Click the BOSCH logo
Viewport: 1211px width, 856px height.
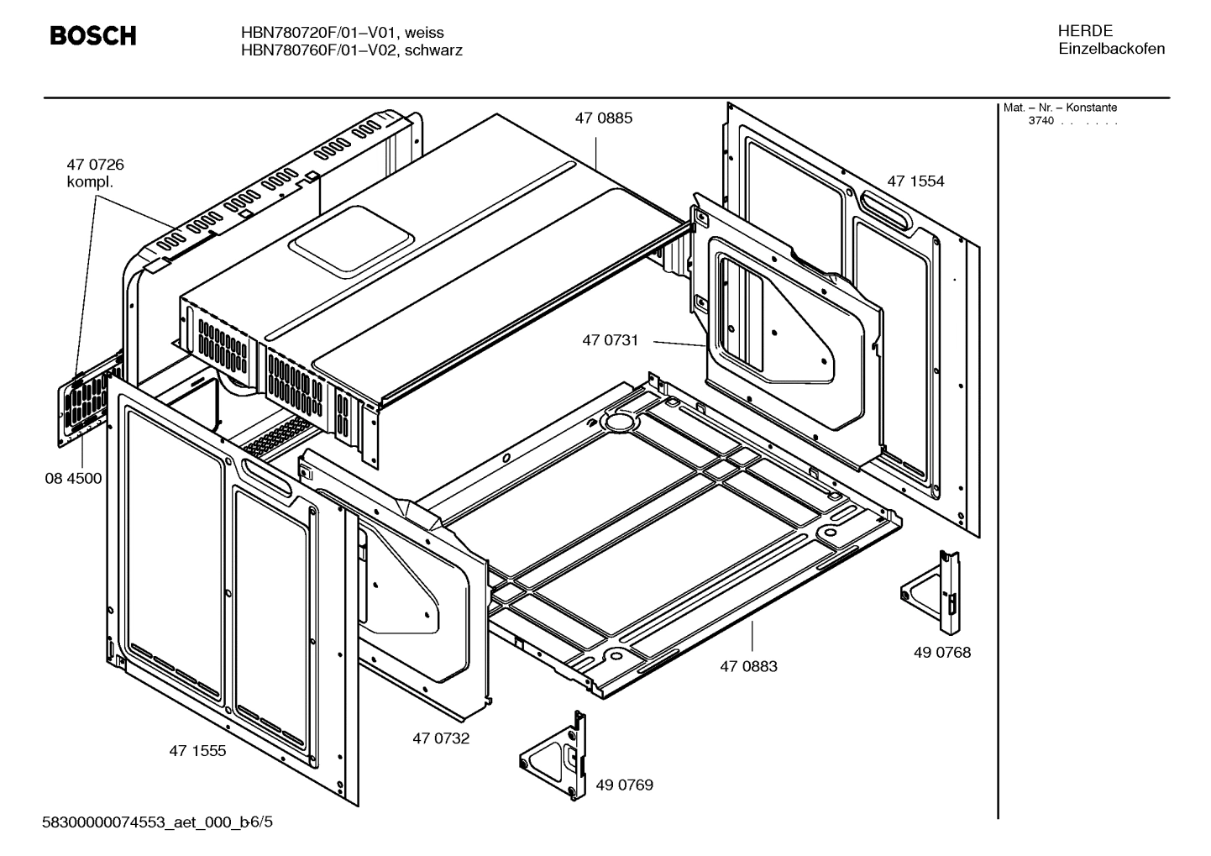pos(92,36)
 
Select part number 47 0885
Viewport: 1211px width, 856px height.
pos(603,118)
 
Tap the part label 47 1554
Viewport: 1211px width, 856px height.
pos(915,181)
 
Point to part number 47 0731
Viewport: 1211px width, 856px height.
pos(610,340)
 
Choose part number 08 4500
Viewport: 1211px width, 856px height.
pos(73,479)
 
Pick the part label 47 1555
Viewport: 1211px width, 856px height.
pos(197,751)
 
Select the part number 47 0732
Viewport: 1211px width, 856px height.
pos(441,738)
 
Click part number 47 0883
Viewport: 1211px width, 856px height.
pos(748,666)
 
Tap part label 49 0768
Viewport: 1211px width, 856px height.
pos(942,652)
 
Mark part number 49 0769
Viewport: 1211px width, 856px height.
pos(624,785)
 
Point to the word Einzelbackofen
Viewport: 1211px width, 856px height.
pos(1111,49)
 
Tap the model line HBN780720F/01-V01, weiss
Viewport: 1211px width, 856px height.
pos(342,33)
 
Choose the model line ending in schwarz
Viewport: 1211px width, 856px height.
pos(351,50)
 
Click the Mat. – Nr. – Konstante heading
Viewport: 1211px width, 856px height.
pos(1060,108)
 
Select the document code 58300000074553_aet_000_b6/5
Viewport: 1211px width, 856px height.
pos(157,822)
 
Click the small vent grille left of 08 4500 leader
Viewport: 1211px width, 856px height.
pos(85,407)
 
